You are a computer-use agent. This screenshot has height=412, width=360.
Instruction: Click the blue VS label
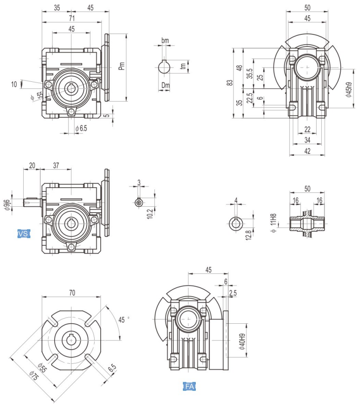(23, 234)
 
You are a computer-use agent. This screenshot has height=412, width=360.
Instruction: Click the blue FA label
(189, 386)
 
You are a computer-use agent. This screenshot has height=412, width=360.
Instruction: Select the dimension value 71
(72, 18)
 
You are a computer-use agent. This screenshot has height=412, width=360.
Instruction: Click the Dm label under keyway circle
(166, 86)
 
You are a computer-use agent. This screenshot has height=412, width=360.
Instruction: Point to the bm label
(165, 40)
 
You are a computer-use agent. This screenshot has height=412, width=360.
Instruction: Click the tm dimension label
(183, 66)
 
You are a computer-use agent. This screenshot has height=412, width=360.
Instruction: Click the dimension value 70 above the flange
(72, 292)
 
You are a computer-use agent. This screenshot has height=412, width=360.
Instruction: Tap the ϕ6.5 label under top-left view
(81, 128)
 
